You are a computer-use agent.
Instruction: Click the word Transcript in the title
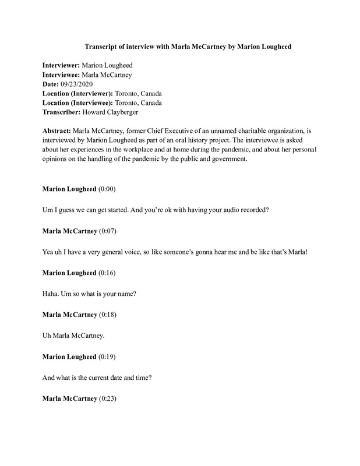(102, 46)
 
